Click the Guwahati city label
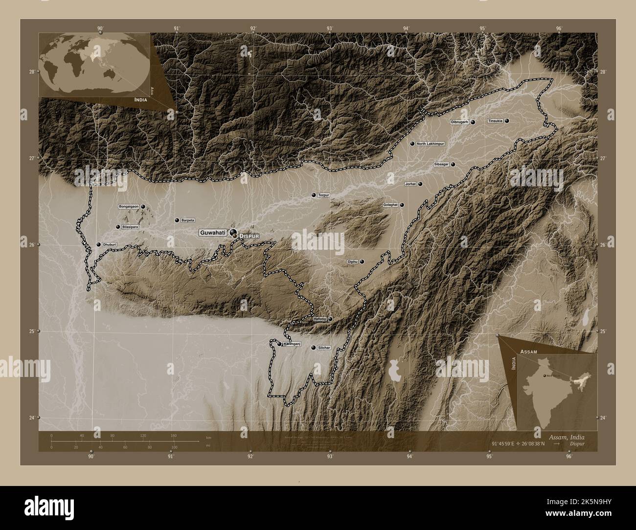click(x=212, y=233)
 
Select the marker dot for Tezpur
click(x=313, y=195)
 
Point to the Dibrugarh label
click(x=460, y=122)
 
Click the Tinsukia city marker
click(x=507, y=121)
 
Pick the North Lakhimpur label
click(x=431, y=144)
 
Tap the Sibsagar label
click(x=441, y=165)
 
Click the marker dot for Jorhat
click(x=420, y=184)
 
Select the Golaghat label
click(x=390, y=205)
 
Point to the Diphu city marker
click(x=362, y=262)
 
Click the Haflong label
click(x=319, y=319)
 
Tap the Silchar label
click(x=324, y=348)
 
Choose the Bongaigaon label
click(x=129, y=207)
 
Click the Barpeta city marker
click(x=177, y=221)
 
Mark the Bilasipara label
click(x=130, y=227)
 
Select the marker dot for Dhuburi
click(x=98, y=244)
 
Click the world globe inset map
click(x=95, y=64)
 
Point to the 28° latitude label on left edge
click(x=32, y=72)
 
